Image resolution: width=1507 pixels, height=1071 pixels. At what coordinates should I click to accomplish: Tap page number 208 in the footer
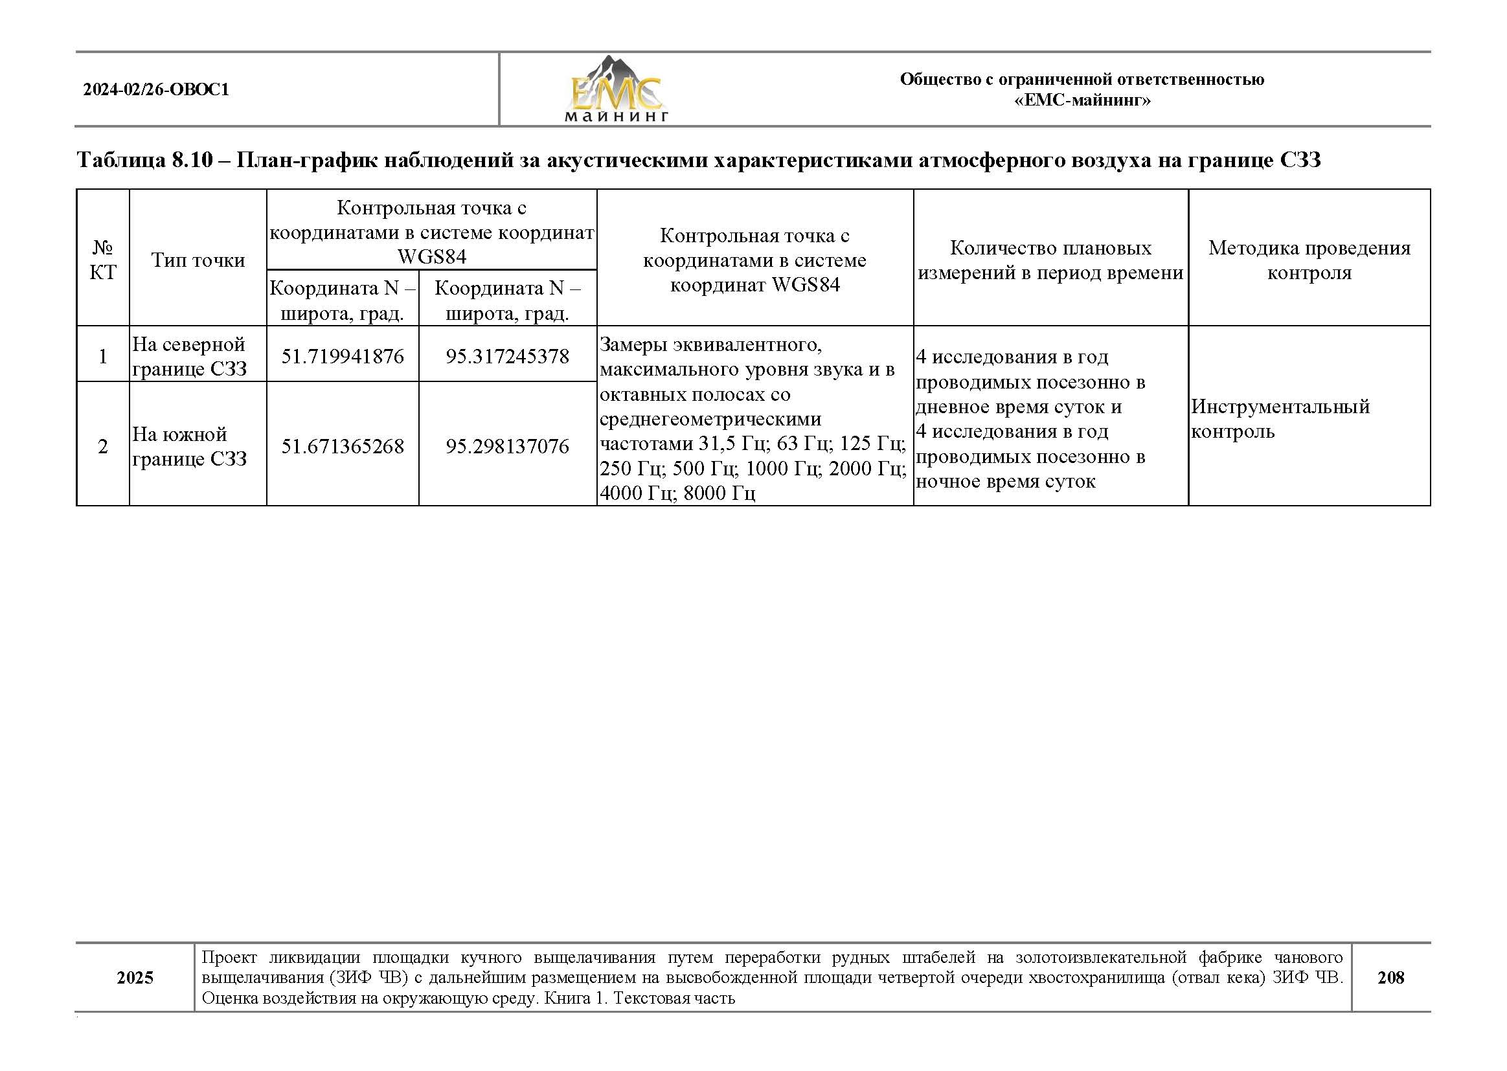[1390, 977]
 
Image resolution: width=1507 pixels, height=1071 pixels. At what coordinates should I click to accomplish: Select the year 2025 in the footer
[135, 977]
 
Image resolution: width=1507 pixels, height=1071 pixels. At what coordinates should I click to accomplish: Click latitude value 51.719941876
[343, 357]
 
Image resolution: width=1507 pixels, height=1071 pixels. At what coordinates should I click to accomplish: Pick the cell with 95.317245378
[507, 357]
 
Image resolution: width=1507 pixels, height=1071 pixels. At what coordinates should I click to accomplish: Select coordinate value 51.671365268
[343, 447]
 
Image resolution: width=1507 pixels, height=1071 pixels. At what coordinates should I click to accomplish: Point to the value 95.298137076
[507, 447]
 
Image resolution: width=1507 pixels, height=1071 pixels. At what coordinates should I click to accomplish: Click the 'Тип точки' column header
[198, 260]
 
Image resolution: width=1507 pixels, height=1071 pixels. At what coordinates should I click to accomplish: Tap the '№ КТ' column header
[103, 260]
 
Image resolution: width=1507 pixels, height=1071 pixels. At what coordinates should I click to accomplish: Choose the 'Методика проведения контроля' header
[1308, 260]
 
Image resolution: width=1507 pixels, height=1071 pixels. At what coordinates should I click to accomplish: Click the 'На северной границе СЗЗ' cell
[189, 357]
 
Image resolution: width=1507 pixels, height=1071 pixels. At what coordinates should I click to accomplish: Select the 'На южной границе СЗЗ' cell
[189, 447]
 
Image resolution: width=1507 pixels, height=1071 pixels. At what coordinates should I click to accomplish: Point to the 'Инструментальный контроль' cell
[1280, 419]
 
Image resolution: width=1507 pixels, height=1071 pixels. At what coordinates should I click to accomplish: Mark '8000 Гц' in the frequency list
[719, 493]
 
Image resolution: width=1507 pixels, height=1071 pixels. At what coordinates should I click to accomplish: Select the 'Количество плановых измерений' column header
[1050, 260]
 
